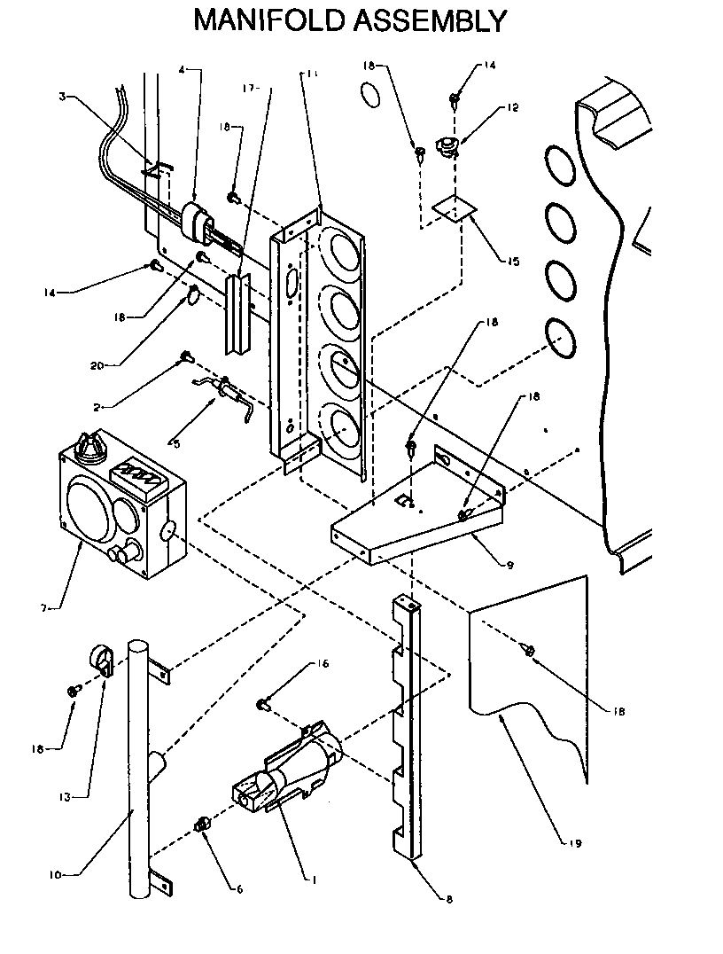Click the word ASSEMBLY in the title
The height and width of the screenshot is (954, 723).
pyautogui.click(x=431, y=20)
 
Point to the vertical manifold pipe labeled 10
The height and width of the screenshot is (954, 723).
pyautogui.click(x=138, y=762)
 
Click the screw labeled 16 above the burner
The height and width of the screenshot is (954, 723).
pyautogui.click(x=264, y=705)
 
